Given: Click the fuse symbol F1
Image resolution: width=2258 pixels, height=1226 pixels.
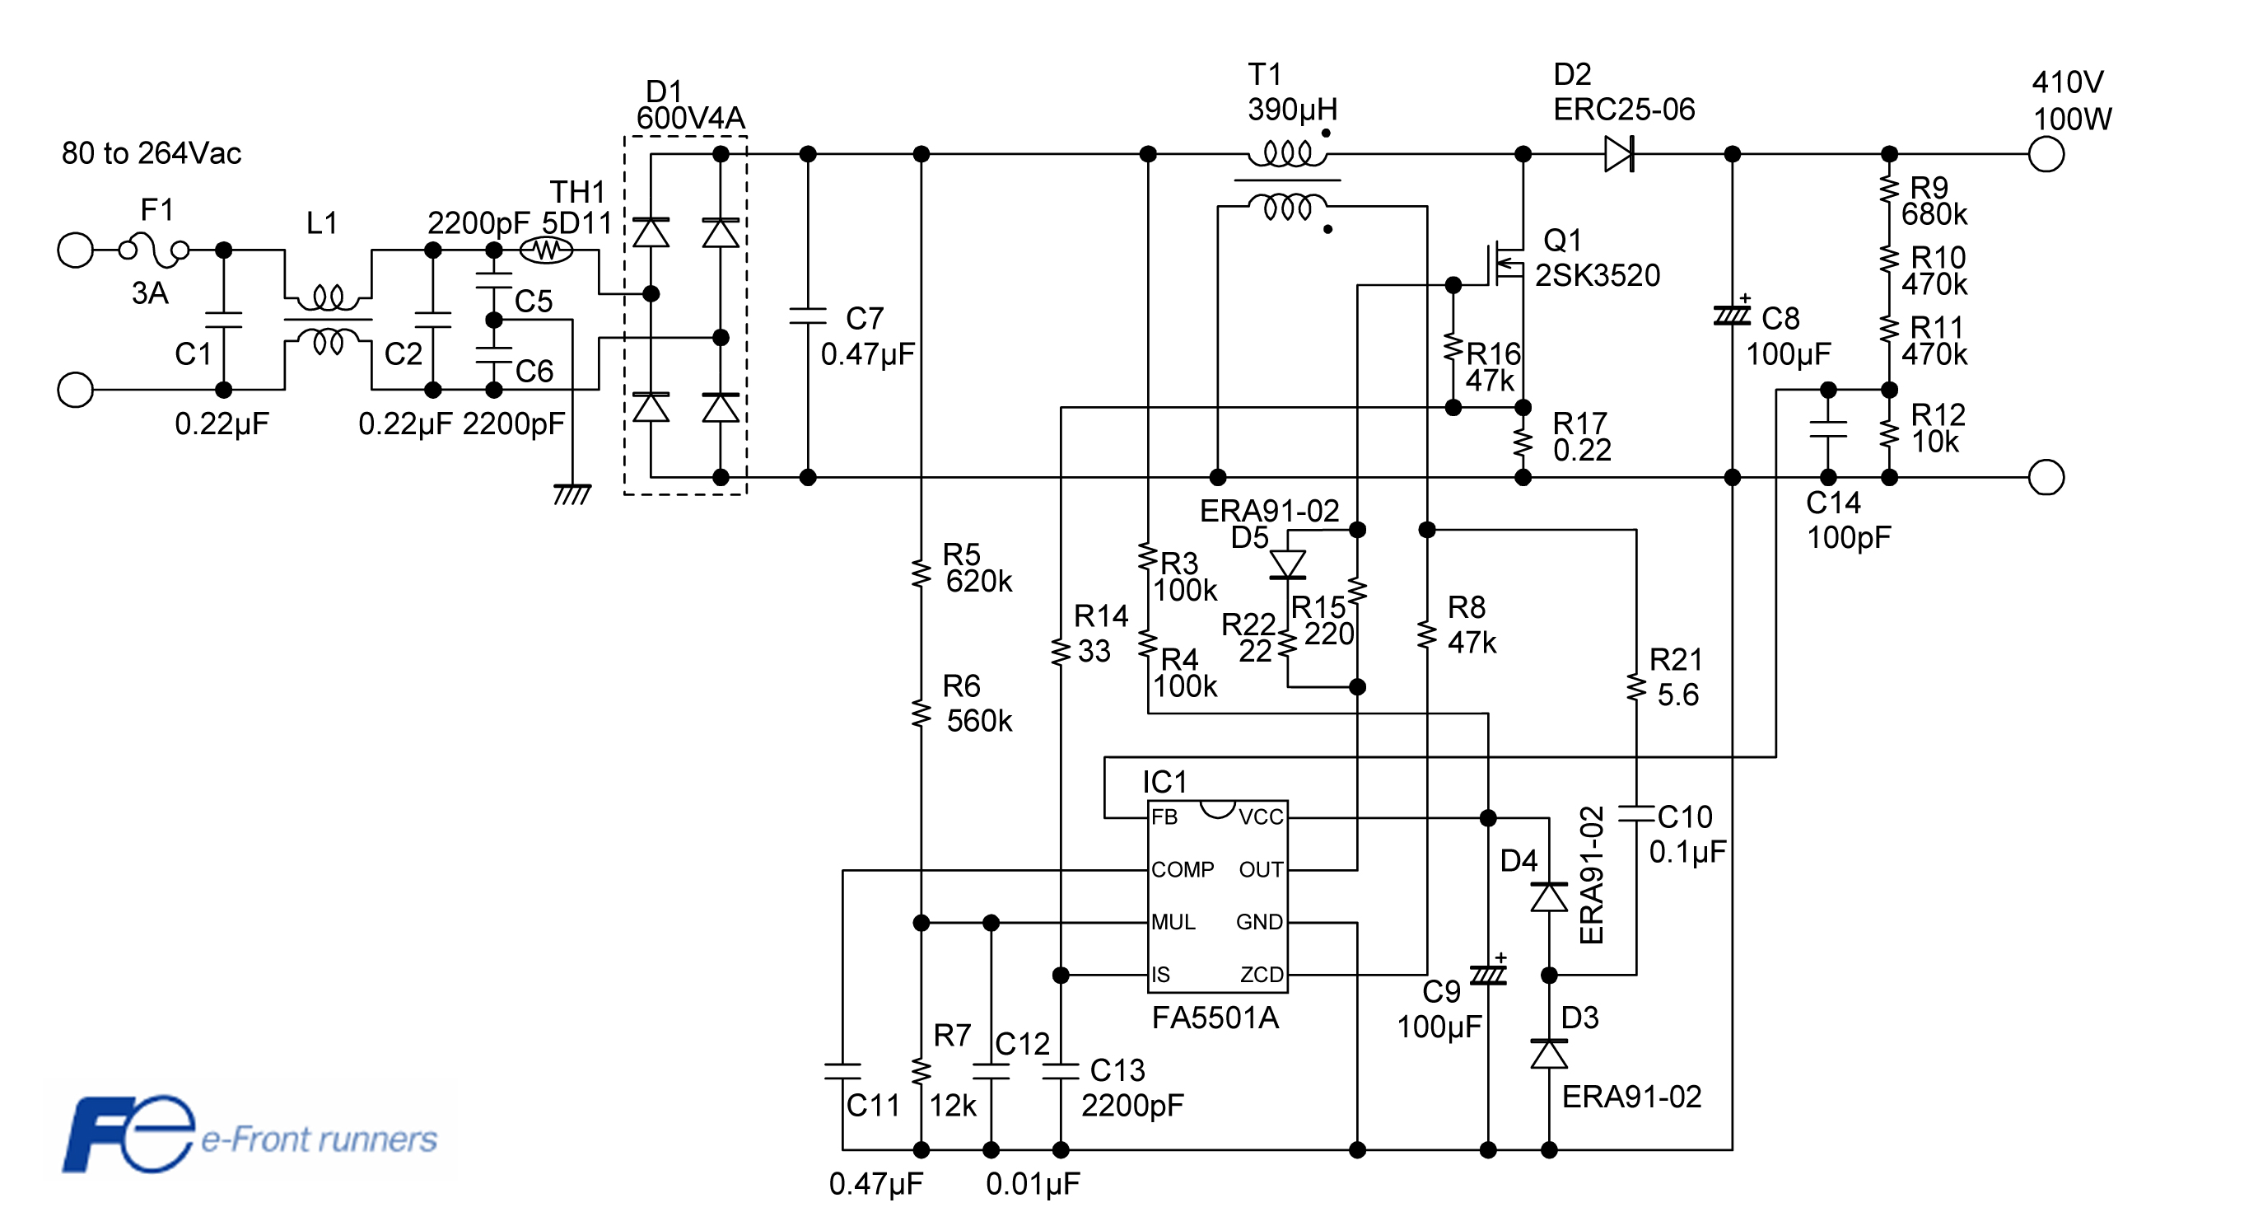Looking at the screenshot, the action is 153,250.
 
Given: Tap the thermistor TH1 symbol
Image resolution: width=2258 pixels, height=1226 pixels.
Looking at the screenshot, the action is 546,250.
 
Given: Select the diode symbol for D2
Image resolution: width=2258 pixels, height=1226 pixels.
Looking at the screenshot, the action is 1619,154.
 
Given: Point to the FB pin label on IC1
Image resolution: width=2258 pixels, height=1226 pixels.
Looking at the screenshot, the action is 1164,817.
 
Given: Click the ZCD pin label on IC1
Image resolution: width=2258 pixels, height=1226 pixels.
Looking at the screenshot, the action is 1262,975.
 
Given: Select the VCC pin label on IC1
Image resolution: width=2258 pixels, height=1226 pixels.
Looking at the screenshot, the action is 1261,817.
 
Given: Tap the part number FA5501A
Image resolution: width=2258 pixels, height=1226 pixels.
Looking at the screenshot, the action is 1215,1018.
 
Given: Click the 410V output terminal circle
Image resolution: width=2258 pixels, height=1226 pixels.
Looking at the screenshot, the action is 2046,154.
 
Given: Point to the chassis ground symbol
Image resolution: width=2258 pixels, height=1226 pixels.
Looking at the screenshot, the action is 572,494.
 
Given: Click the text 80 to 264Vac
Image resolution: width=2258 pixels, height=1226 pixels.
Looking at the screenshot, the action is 151,153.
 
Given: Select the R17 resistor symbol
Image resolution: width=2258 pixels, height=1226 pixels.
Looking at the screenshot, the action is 1523,443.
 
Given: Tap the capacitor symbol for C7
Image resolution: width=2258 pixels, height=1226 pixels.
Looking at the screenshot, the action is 808,316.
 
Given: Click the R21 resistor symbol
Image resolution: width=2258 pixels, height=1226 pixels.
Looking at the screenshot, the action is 1636,686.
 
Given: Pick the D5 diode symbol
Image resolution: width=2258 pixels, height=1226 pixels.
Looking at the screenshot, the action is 1288,564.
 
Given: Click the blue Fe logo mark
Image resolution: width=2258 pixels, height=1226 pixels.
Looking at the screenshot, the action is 128,1133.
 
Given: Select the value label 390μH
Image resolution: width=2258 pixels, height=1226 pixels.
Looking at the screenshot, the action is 1292,110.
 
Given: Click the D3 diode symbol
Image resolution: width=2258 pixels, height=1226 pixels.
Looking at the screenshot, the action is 1549,1054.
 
